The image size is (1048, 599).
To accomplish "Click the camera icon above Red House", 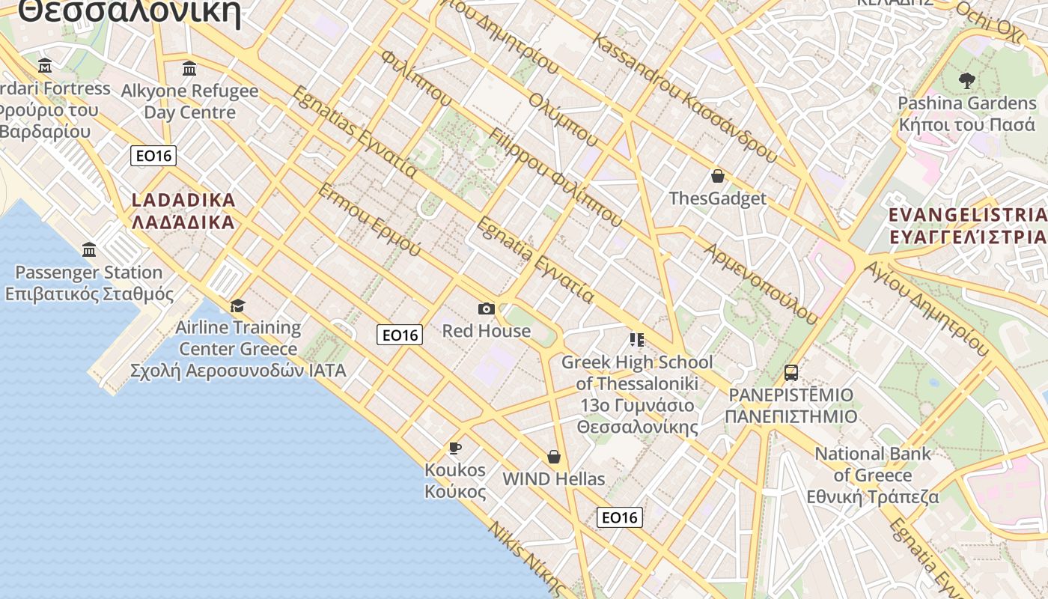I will coord(486,308).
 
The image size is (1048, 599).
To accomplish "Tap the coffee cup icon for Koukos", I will coord(454,448).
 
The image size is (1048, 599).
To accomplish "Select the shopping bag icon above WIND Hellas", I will coord(554,457).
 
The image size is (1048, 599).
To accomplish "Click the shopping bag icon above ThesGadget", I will coord(718,176).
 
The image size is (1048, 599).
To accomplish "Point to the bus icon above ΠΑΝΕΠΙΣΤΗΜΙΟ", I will coord(791,372).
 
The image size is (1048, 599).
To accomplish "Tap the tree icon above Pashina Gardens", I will coord(967,80).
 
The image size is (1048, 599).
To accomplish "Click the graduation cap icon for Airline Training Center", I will coord(238,305).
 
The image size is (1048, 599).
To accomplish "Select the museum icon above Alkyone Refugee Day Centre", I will coord(189,69).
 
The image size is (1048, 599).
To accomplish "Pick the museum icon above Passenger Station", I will coord(89,249).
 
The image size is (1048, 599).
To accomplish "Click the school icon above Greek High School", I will coord(637,340).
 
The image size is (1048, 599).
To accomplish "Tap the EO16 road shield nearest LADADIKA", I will coord(153,156).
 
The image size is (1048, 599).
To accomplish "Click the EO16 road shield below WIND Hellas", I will coord(620,517).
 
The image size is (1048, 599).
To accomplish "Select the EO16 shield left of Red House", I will coord(400,335).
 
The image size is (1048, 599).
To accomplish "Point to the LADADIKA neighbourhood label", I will coord(183,211).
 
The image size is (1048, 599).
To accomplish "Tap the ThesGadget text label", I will coord(718,198).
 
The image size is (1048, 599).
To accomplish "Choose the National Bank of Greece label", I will coord(873,475).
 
